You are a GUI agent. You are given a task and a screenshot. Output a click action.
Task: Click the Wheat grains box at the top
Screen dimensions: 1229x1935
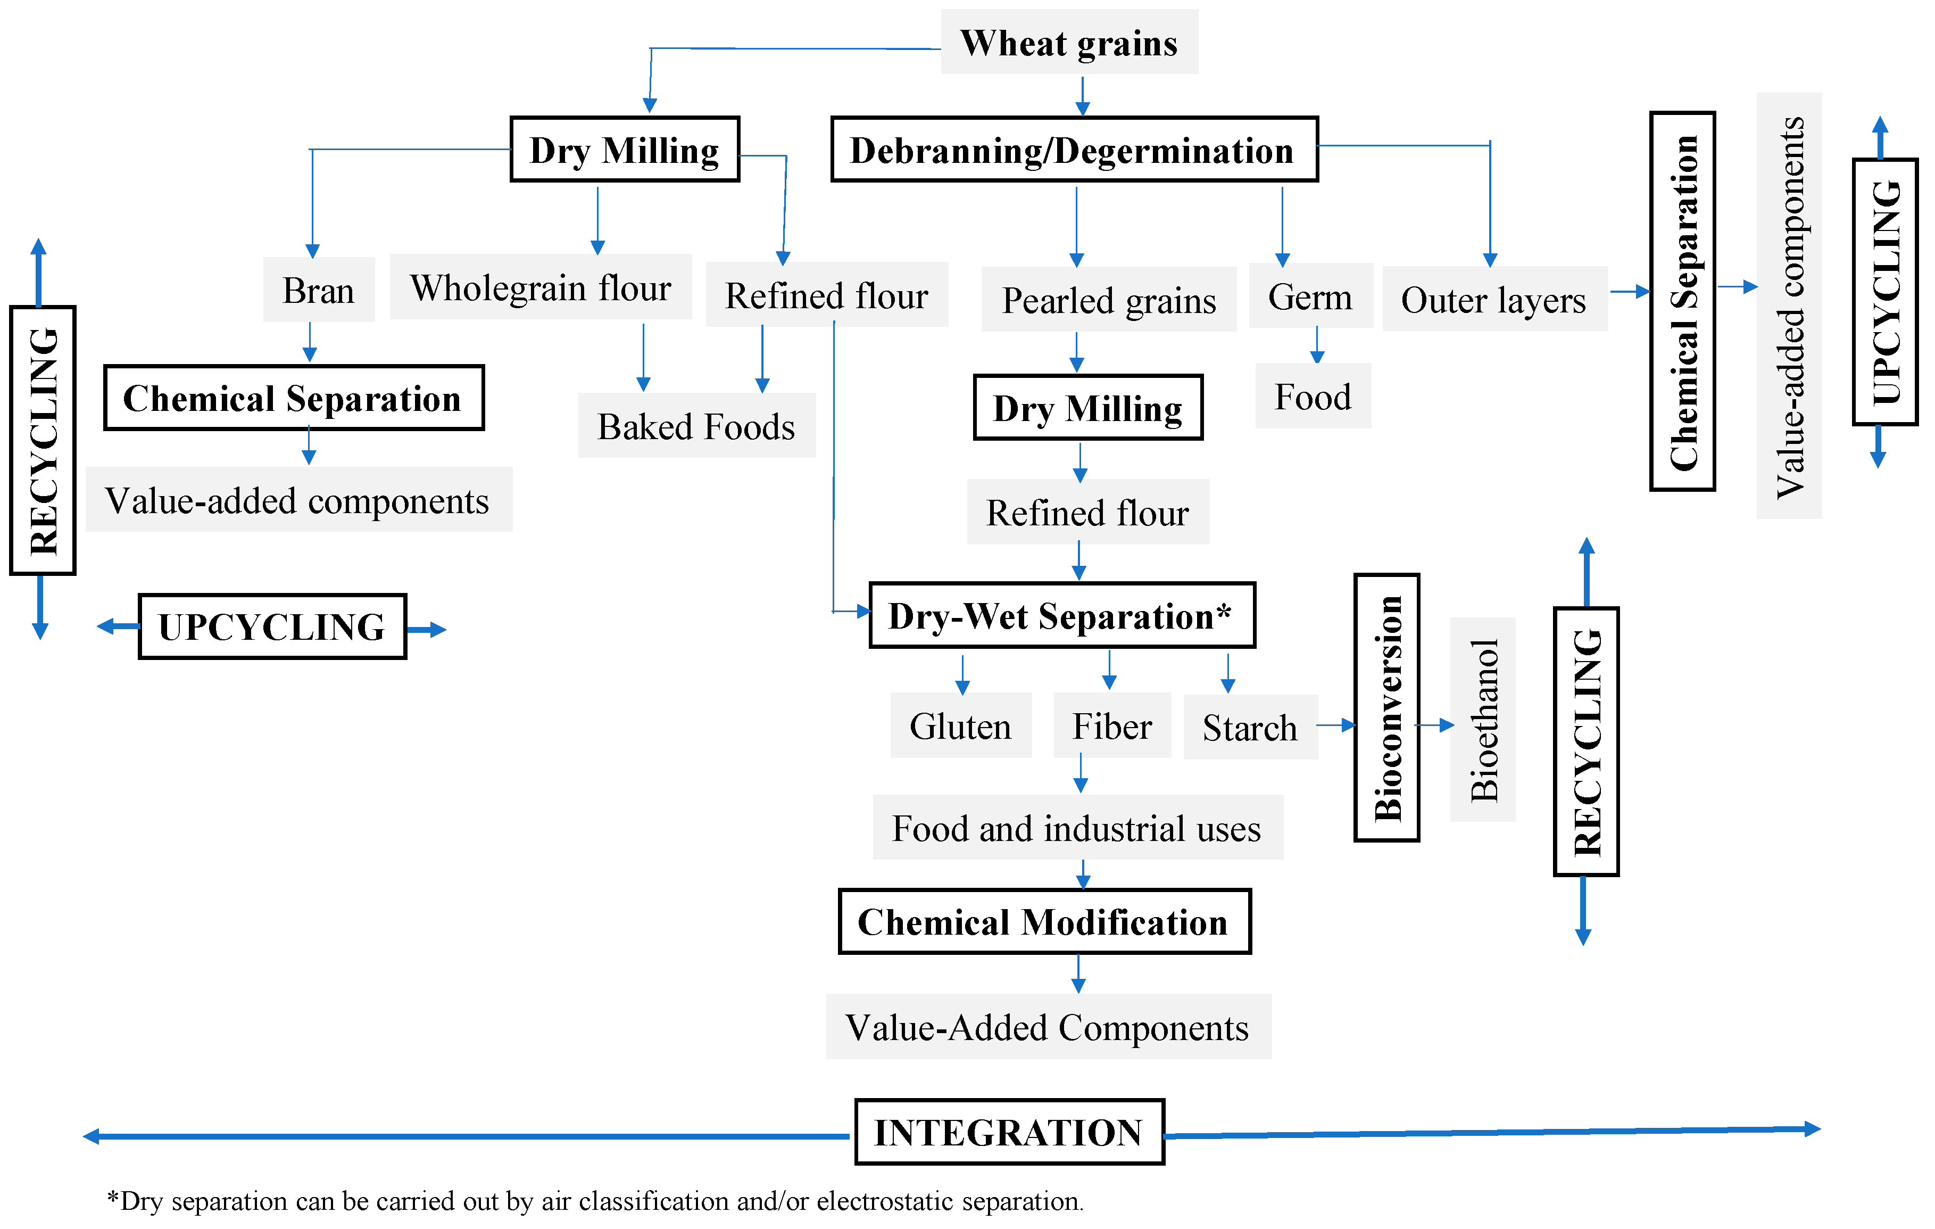[x=1069, y=43]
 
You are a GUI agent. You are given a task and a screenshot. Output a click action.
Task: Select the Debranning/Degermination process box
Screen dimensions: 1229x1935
[x=1074, y=150]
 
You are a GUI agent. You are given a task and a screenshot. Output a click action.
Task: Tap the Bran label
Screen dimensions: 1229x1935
[x=318, y=290]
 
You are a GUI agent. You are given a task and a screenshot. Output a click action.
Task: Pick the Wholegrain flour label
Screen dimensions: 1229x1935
[x=540, y=288]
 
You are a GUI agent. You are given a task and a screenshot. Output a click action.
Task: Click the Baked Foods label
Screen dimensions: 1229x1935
[x=696, y=426]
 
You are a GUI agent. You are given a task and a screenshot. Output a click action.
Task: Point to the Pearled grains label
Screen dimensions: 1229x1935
[x=1108, y=301]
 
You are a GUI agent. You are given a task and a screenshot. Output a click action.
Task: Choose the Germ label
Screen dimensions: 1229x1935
[x=1310, y=296]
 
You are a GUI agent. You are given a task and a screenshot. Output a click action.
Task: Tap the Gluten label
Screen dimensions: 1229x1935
[x=960, y=726]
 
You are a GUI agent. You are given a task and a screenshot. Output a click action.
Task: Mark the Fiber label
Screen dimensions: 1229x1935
[x=1112, y=726]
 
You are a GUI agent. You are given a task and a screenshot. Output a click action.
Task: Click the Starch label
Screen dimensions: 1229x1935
[x=1250, y=728]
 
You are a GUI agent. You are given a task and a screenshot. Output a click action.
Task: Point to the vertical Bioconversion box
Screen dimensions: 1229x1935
[x=1387, y=707]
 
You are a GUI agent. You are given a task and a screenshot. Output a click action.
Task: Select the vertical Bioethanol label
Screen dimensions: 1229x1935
[x=1483, y=720]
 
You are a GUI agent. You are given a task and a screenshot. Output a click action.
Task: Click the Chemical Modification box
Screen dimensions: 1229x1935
[x=1044, y=921]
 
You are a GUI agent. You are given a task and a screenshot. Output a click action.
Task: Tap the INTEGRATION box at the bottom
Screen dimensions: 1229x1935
[x=1009, y=1132]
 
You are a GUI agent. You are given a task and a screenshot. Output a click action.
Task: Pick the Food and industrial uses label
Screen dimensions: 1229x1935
[x=1077, y=828]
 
